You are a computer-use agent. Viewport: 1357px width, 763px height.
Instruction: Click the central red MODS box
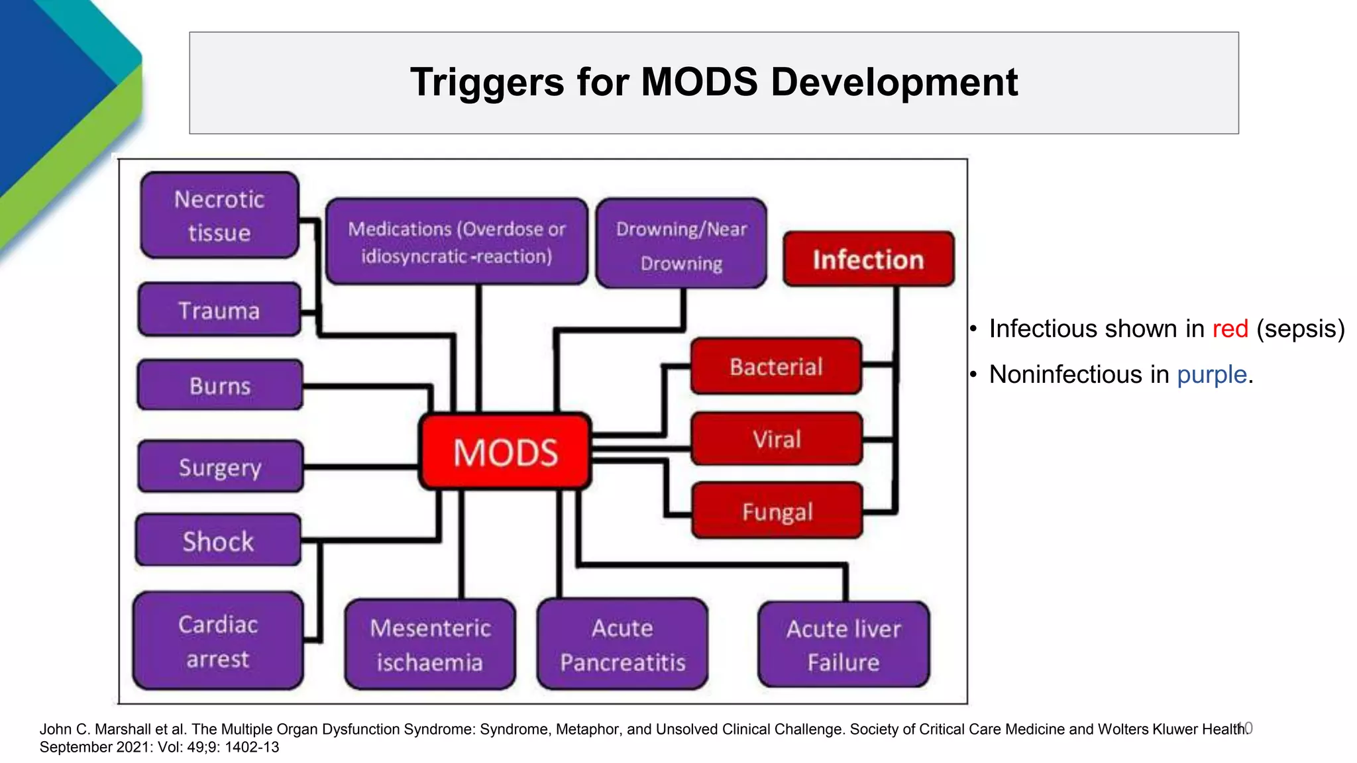pos(505,452)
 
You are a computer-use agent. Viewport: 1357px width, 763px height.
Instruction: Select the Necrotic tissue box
pos(219,215)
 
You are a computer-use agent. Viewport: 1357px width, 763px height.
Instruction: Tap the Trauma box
pos(219,310)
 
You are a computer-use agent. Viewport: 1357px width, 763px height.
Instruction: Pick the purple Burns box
pos(220,385)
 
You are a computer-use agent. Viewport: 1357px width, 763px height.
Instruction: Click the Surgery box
pos(220,467)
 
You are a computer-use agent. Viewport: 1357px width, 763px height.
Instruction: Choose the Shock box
pos(218,540)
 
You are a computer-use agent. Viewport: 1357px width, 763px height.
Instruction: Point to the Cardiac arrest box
pos(218,641)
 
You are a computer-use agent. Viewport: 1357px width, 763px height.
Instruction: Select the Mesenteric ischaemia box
pos(430,644)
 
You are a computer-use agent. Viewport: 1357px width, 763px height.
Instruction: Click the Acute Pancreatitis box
pos(622,644)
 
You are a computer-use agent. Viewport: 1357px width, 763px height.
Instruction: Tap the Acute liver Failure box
pos(843,644)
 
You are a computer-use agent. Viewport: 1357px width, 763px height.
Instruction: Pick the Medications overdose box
pos(457,242)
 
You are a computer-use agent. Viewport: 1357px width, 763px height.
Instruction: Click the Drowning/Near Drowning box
pos(681,244)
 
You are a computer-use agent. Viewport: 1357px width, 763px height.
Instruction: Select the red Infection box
pos(868,260)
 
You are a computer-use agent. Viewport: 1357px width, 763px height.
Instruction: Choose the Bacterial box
pos(776,366)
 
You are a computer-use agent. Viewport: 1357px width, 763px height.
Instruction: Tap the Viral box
pos(777,439)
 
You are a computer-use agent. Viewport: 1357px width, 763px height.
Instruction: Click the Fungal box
pos(777,511)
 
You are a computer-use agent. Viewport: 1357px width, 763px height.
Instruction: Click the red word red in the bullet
pos(1230,329)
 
